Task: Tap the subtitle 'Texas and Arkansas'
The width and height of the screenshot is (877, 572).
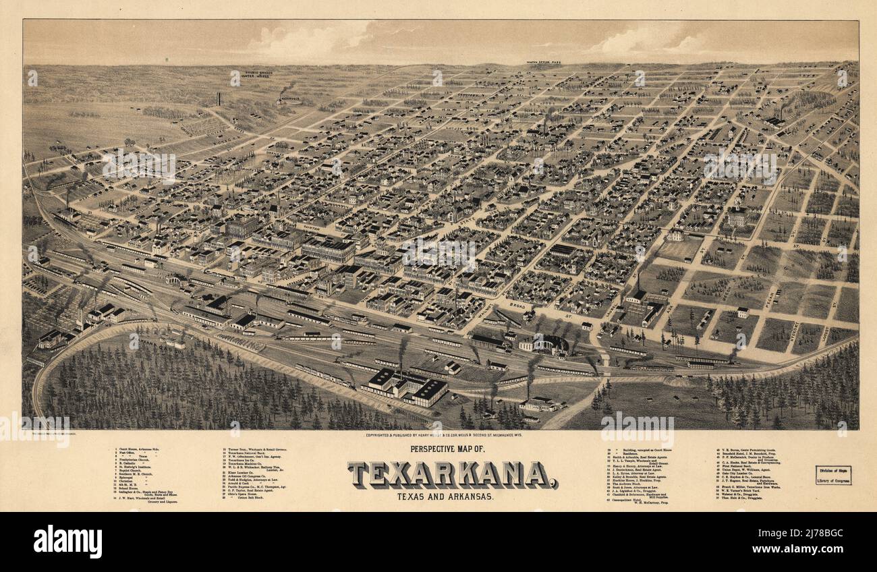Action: click(x=453, y=496)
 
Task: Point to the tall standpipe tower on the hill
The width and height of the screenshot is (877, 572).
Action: click(x=219, y=98)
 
